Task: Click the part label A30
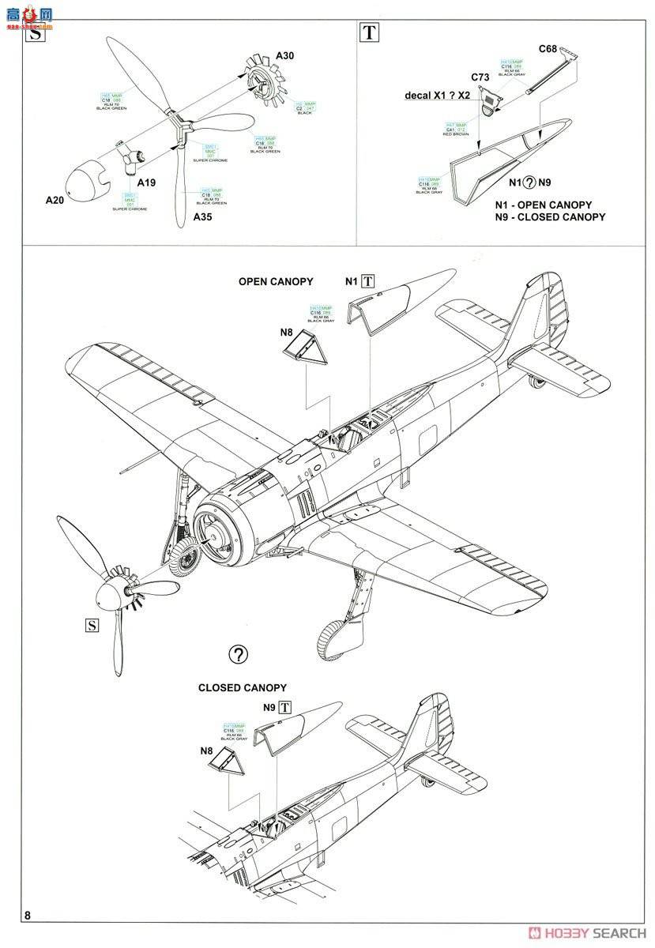[x=284, y=56]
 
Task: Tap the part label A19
[x=146, y=182]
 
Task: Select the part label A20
[x=55, y=199]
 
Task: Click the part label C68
[x=548, y=49]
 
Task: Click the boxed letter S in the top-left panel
[x=35, y=32]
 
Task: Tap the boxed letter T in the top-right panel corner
[x=368, y=32]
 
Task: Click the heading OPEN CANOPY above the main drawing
[x=276, y=281]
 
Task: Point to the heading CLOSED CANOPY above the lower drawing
[x=242, y=687]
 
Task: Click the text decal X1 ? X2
[x=437, y=95]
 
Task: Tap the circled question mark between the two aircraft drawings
[x=238, y=654]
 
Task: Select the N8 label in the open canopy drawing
[x=287, y=332]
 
